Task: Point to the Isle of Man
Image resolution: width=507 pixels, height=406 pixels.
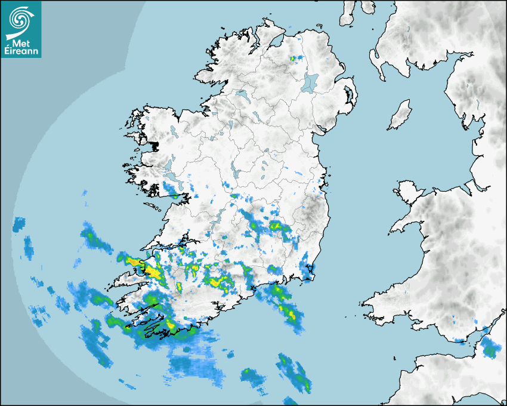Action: pyautogui.click(x=400, y=115)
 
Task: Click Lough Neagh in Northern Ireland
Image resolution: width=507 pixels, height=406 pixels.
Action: pyautogui.click(x=311, y=82)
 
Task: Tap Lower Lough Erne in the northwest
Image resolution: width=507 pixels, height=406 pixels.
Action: pyautogui.click(x=242, y=95)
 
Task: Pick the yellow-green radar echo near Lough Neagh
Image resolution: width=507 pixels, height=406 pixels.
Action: pyautogui.click(x=293, y=59)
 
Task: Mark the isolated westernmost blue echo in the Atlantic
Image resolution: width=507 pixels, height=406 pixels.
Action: pyautogui.click(x=20, y=225)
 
